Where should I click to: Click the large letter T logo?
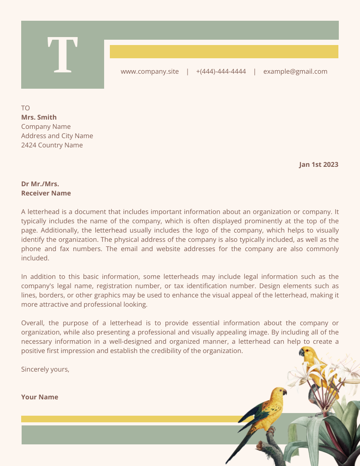63,55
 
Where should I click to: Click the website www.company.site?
150,71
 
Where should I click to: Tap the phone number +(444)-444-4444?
221,71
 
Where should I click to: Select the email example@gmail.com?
295,71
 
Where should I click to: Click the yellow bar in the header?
224,52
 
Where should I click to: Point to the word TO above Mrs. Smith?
26,108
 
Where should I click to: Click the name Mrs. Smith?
39,117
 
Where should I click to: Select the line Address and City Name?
57,136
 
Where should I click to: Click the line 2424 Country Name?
52,145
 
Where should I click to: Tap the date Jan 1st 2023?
319,165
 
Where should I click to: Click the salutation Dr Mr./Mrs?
40,184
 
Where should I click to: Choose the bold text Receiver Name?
46,193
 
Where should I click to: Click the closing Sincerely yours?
45,369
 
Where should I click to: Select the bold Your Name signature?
40,397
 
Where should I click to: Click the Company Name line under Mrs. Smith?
46,127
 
